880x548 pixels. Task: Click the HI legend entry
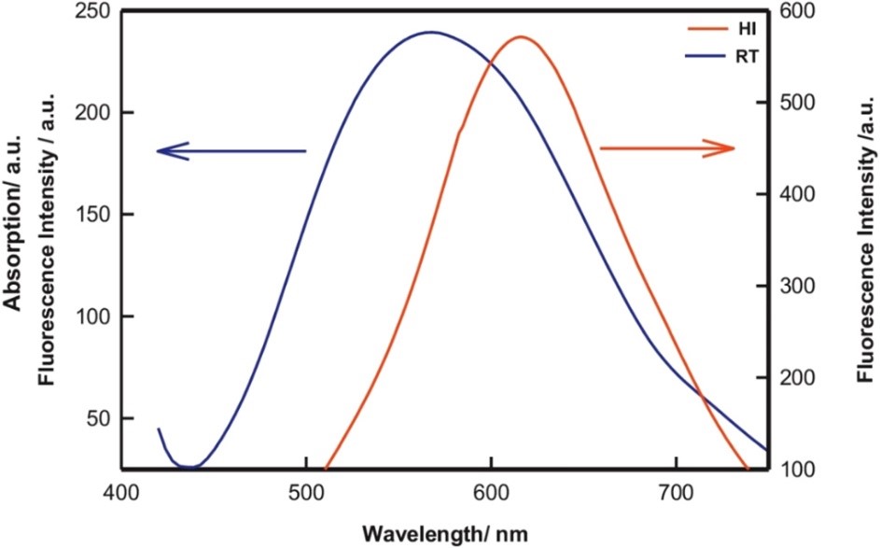point(747,31)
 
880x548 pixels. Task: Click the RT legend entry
point(747,57)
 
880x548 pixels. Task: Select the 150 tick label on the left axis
point(92,215)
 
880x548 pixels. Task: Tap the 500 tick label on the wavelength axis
point(306,491)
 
